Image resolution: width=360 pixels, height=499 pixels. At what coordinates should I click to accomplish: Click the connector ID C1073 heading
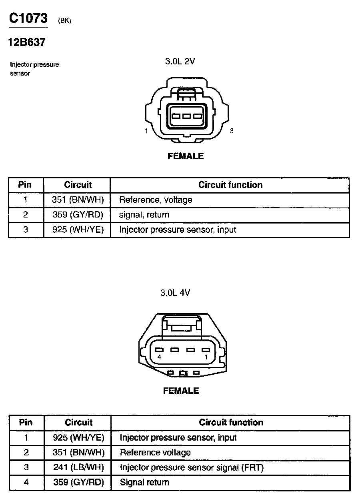pyautogui.click(x=28, y=18)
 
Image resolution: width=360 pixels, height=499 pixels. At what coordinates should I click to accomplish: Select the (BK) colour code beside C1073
pyautogui.click(x=64, y=21)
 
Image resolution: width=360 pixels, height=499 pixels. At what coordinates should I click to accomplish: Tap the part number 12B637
pyautogui.click(x=26, y=42)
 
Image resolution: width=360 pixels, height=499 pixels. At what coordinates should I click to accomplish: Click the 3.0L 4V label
pyautogui.click(x=175, y=292)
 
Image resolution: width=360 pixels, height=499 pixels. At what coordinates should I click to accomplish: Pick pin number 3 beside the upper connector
pyautogui.click(x=232, y=131)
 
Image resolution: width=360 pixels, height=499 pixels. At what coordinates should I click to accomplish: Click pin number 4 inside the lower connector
pyautogui.click(x=159, y=357)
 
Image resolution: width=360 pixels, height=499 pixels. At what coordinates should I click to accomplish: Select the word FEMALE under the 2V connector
pyautogui.click(x=186, y=156)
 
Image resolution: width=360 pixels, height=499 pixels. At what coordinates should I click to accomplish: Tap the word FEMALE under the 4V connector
pyautogui.click(x=181, y=391)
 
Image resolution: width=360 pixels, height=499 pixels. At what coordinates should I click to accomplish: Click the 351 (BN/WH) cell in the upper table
pyautogui.click(x=78, y=200)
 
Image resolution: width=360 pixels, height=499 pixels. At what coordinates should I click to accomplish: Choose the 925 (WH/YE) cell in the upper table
pyautogui.click(x=78, y=230)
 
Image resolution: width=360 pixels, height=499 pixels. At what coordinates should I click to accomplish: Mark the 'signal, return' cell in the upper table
pyautogui.click(x=144, y=215)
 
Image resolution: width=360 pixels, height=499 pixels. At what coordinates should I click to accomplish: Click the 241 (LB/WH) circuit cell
pyautogui.click(x=78, y=467)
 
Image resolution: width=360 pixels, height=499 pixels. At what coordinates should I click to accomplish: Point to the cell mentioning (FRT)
pyautogui.click(x=192, y=467)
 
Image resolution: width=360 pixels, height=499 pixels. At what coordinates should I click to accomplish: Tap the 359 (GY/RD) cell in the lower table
pyautogui.click(x=78, y=482)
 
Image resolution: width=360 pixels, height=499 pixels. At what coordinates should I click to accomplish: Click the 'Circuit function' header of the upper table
pyautogui.click(x=230, y=185)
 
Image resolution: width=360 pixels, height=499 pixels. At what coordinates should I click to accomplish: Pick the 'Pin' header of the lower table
pyautogui.click(x=26, y=423)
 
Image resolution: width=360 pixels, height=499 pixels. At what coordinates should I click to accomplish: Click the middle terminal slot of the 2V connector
pyautogui.click(x=186, y=116)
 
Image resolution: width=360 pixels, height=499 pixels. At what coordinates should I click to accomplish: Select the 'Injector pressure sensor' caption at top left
pyautogui.click(x=34, y=69)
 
